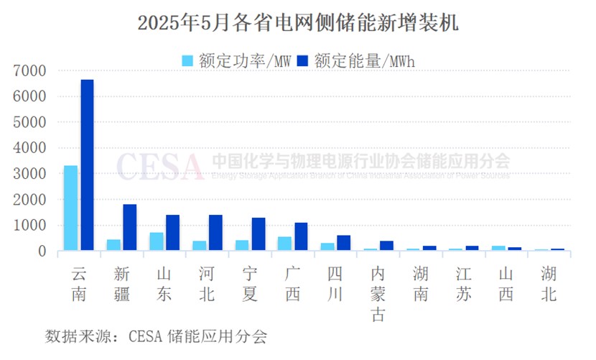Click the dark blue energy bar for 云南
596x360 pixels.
click(87, 165)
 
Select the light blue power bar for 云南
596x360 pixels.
click(70, 208)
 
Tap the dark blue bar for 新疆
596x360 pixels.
click(129, 227)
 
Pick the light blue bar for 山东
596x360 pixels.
click(156, 241)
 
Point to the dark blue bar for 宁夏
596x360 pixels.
click(259, 234)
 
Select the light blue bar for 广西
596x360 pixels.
click(284, 244)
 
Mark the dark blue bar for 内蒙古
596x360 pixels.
click(387, 246)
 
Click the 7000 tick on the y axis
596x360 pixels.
click(29, 70)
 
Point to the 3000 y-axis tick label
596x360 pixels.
click(29, 174)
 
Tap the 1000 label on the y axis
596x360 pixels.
click(29, 226)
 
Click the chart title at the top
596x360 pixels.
click(297, 23)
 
